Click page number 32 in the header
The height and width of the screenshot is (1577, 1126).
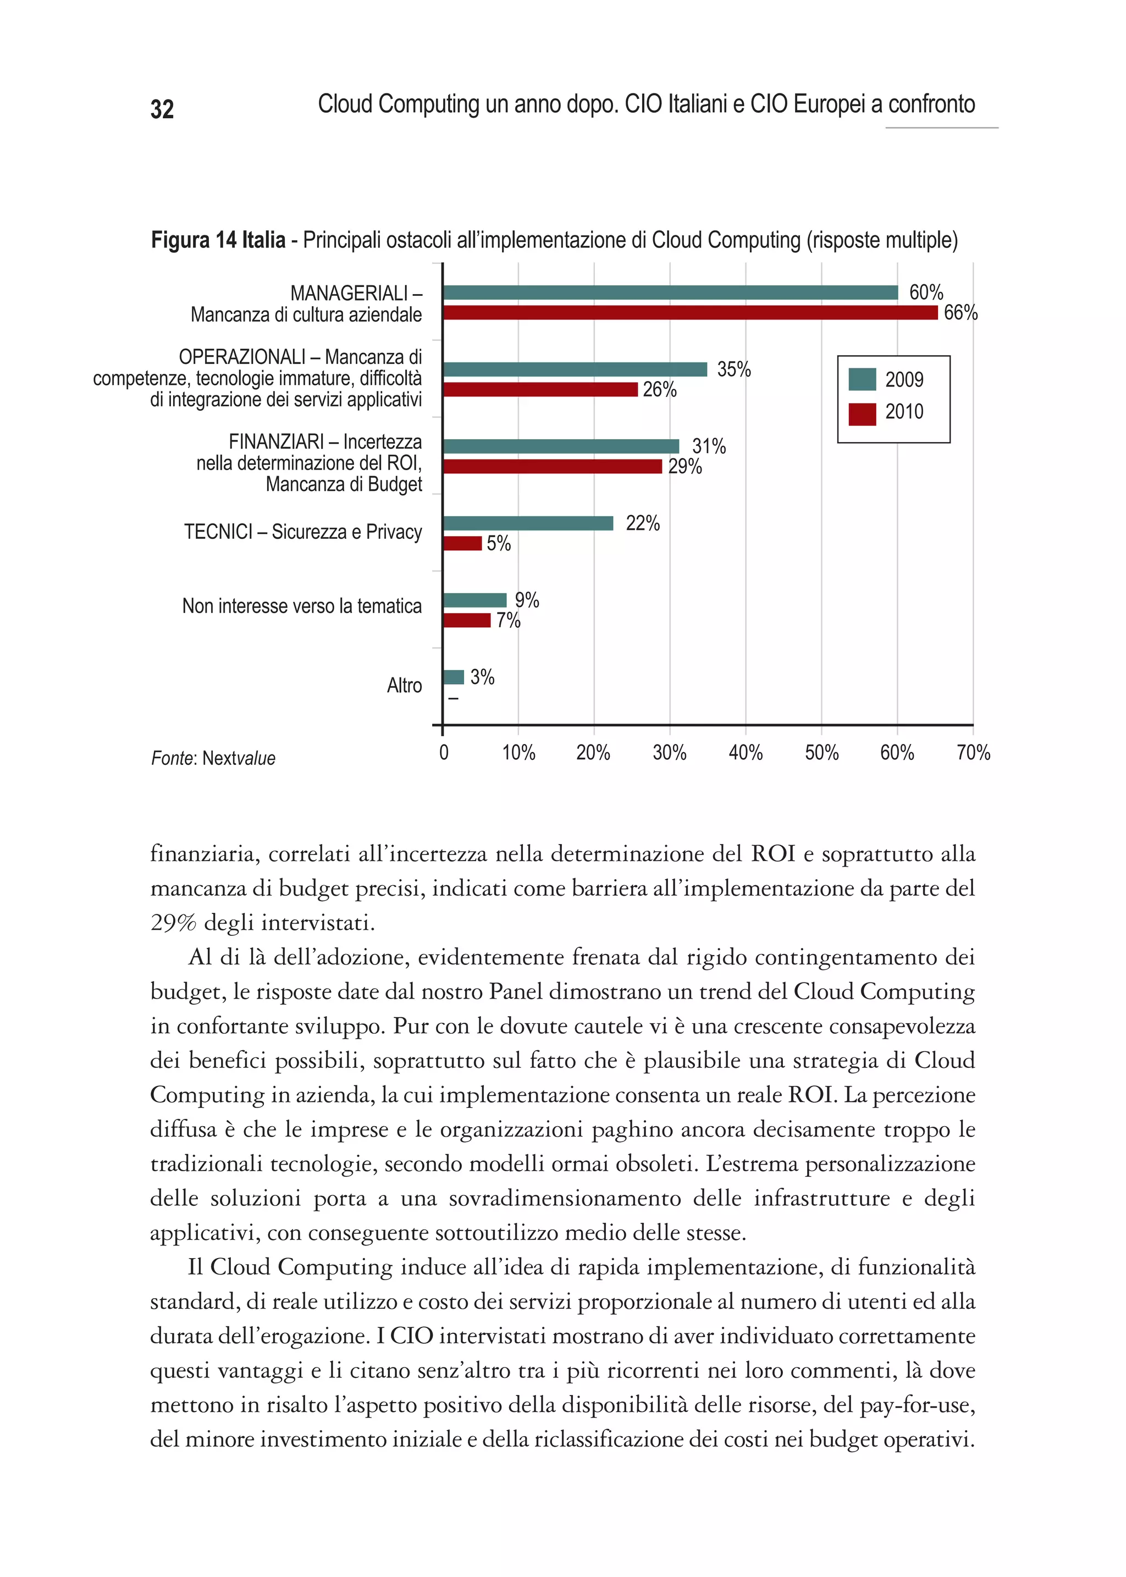coord(162,109)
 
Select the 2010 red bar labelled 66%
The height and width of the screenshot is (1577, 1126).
coord(690,313)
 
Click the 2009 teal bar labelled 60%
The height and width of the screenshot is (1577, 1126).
coord(670,293)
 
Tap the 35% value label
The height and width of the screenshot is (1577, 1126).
coord(733,370)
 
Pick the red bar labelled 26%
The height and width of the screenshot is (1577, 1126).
coord(540,390)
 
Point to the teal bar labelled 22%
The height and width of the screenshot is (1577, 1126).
coord(528,523)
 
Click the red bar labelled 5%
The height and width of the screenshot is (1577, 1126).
coord(462,543)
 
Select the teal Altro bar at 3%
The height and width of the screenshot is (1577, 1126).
coord(454,677)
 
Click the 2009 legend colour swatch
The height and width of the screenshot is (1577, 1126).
coord(862,379)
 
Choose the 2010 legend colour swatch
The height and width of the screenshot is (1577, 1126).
coord(862,413)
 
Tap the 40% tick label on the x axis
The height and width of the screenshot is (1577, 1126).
coord(746,753)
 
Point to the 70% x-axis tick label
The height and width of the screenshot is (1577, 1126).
coord(973,753)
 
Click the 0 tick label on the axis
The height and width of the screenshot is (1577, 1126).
coord(444,753)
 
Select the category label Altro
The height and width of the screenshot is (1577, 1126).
coord(404,686)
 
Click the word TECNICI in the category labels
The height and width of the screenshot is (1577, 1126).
coord(218,532)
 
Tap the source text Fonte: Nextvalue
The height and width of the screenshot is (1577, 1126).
coord(213,759)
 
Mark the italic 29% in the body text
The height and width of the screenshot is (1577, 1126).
coord(173,923)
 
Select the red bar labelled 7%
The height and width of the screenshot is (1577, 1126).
coord(467,620)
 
